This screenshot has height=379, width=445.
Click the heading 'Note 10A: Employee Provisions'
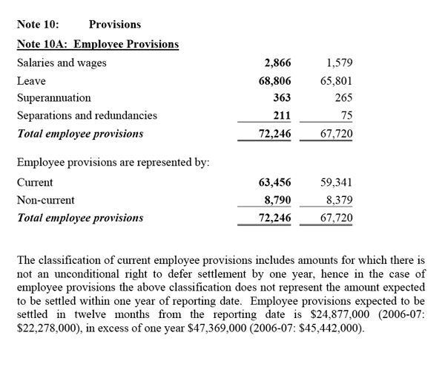pos(97,44)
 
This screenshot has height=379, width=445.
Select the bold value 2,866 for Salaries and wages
pos(277,63)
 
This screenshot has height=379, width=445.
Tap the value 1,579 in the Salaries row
pos(337,63)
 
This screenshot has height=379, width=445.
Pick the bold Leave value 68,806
pos(274,80)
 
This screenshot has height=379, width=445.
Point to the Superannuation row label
pos(54,97)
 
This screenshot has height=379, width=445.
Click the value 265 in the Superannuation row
pos(343,97)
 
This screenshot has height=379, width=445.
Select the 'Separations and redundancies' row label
pos(87,115)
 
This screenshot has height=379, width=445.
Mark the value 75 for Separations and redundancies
pos(346,115)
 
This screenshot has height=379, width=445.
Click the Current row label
pos(35,182)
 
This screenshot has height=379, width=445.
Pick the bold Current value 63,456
pos(274,182)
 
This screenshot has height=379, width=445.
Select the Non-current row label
pos(45,200)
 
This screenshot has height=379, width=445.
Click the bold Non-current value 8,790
pos(277,200)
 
